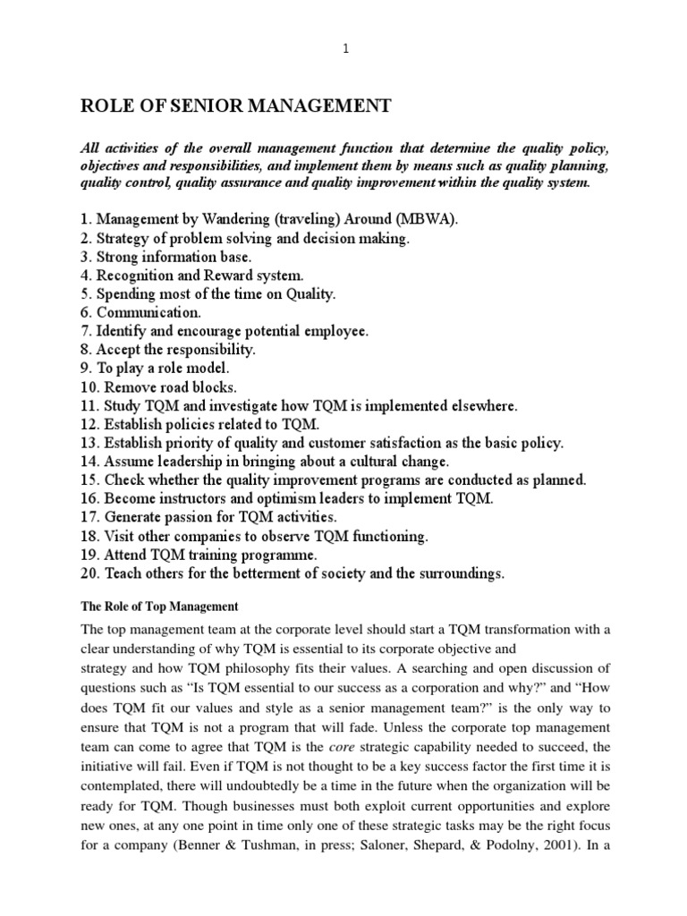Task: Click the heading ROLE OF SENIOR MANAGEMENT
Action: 236,106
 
